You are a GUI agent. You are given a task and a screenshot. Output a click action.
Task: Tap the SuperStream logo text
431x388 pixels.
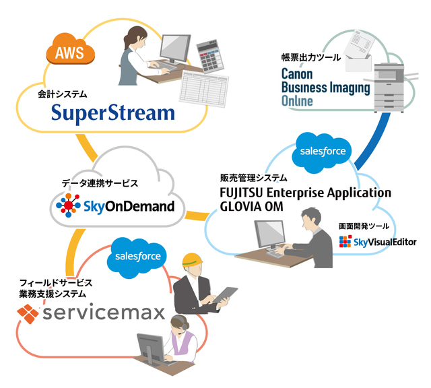[x=113, y=113]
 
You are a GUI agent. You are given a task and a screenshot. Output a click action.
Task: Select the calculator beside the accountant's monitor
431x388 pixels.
[x=210, y=56]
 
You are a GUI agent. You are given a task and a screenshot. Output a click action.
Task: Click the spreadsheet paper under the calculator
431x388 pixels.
[x=204, y=88]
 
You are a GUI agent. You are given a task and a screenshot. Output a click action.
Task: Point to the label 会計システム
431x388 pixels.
[x=63, y=94]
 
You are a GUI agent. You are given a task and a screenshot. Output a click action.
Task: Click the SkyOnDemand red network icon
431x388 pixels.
[x=69, y=205]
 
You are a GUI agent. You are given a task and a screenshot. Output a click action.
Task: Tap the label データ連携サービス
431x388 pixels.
[x=100, y=183]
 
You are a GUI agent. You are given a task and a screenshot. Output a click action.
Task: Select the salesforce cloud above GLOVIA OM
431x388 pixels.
[x=323, y=152]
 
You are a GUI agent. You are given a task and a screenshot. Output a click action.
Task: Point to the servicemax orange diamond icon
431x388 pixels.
[x=28, y=313]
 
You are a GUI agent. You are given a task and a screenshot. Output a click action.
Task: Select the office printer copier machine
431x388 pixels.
[x=391, y=88]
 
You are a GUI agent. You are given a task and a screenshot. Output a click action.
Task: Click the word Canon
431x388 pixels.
[x=297, y=74]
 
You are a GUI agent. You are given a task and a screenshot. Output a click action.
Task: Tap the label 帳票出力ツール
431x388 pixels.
[x=311, y=57]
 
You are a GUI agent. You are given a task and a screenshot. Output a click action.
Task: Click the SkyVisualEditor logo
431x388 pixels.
[x=378, y=241]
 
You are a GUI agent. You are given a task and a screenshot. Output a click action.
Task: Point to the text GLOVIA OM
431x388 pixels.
[x=251, y=207]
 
